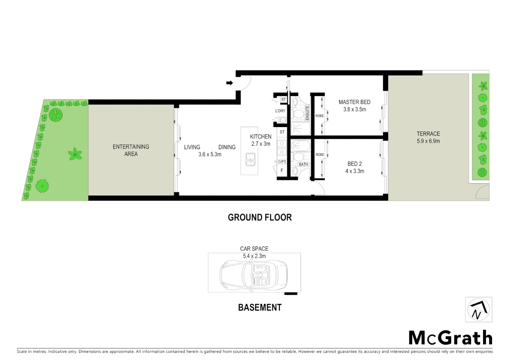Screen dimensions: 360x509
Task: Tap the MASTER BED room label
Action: tap(354, 102)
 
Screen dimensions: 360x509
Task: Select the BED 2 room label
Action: tap(354, 164)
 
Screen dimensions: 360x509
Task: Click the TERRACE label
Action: tap(428, 134)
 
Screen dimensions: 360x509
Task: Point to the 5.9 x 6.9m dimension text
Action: tap(428, 141)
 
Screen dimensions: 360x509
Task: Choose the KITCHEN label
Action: tap(260, 137)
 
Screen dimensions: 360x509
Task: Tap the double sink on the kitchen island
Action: tap(250, 159)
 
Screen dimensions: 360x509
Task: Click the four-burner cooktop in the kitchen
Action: tap(282, 147)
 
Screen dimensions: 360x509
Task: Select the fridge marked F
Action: tap(282, 171)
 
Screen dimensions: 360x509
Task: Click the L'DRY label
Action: tap(280, 111)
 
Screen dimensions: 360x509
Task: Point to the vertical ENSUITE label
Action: tap(307, 113)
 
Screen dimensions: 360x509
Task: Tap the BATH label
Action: tap(303, 164)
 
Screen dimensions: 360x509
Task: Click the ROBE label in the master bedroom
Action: tap(319, 116)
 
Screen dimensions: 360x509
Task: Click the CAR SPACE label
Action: tap(254, 249)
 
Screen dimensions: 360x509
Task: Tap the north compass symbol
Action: tap(478, 310)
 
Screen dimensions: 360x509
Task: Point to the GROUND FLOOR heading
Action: tap(259, 218)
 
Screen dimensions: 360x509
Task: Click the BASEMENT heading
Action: tap(260, 307)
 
